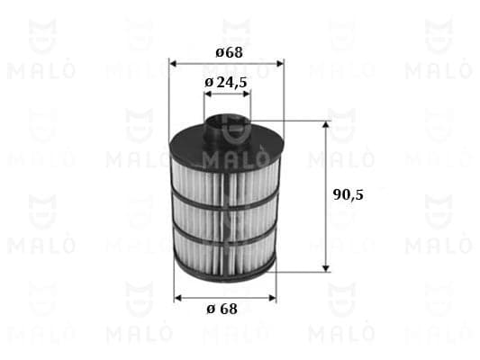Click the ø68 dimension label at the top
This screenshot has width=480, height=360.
(x=229, y=52)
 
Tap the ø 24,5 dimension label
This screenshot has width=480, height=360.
(x=226, y=82)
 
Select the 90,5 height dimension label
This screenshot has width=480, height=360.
(x=348, y=194)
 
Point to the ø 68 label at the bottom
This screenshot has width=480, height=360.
(x=222, y=309)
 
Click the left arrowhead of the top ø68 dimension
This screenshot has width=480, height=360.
(x=173, y=64)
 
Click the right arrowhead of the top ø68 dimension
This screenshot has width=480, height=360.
(x=280, y=64)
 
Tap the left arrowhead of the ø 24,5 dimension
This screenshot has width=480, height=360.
(x=208, y=94)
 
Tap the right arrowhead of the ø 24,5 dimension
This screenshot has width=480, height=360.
(x=247, y=94)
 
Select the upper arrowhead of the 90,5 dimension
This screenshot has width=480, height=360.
(x=326, y=124)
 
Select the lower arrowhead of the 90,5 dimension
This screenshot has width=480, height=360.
(x=326, y=267)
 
